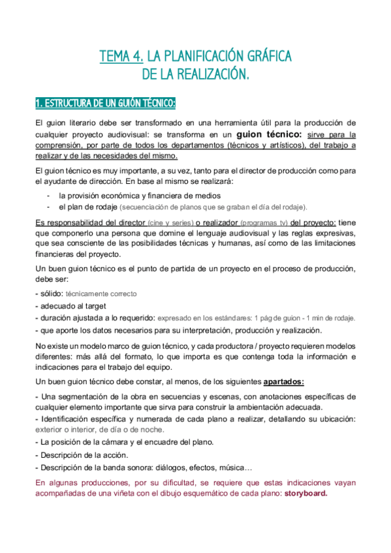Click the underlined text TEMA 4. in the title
[121, 57]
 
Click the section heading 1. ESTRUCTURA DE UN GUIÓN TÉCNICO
[105, 104]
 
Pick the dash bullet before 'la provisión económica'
[49, 195]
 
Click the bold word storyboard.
[305, 494]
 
